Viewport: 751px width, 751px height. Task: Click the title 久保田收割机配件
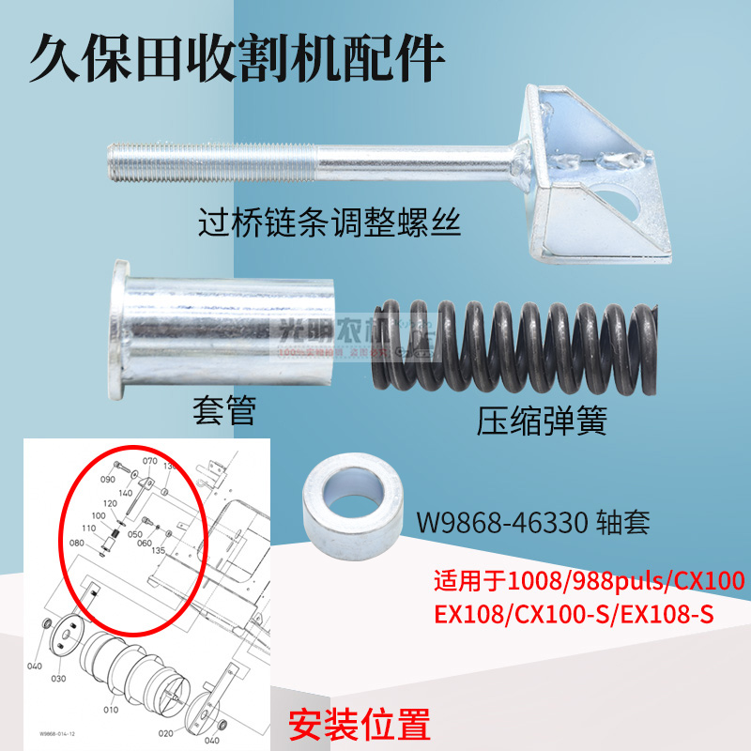click(235, 59)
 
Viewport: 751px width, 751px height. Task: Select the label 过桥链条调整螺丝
click(329, 224)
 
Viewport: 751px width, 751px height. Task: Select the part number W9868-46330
click(502, 521)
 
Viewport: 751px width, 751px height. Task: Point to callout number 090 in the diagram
click(106, 478)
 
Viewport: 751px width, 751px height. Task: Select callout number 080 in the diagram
click(77, 543)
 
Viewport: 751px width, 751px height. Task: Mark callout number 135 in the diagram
click(158, 551)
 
